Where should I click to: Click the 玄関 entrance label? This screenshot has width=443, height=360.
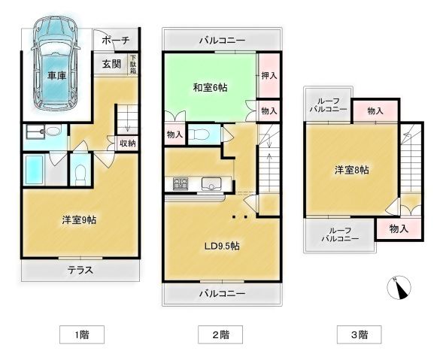pos(111,65)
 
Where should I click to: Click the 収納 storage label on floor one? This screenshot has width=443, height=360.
pos(127,143)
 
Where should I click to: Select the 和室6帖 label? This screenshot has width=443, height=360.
pos(211,87)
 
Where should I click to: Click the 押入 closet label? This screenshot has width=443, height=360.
pos(269,75)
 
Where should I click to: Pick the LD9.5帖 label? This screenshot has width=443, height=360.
pos(220,246)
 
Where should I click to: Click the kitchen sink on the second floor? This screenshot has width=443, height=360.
pos(212,183)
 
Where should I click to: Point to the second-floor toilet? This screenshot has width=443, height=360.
pos(199,135)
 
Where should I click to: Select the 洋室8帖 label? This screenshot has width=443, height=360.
pos(351,171)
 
